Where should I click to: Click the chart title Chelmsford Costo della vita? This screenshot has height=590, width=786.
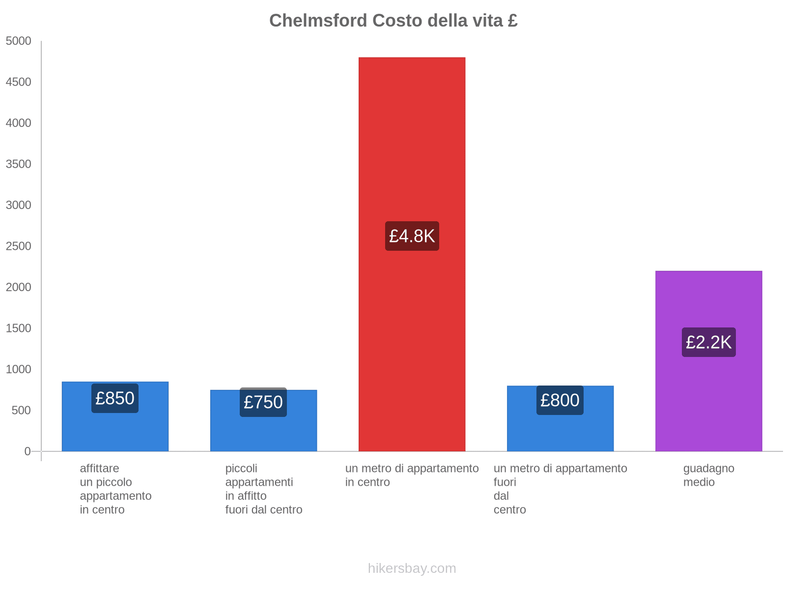pyautogui.click(x=393, y=21)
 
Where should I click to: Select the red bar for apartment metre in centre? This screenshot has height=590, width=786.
pyautogui.click(x=412, y=147)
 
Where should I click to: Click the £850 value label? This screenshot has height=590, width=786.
pyautogui.click(x=115, y=398)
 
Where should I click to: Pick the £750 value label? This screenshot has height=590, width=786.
pyautogui.click(x=263, y=402)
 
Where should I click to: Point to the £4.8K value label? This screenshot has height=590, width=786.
pyautogui.click(x=412, y=236)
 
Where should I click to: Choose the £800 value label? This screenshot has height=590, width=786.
pyautogui.click(x=560, y=400)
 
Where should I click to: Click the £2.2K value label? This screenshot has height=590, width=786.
pyautogui.click(x=708, y=342)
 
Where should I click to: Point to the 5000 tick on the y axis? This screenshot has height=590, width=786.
pyautogui.click(x=19, y=41)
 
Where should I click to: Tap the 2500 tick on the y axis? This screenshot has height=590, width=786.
pyautogui.click(x=19, y=246)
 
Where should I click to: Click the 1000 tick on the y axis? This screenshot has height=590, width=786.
pyautogui.click(x=19, y=369)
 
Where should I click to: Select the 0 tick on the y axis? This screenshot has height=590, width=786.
pyautogui.click(x=28, y=451)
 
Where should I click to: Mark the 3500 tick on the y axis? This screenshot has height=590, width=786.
pyautogui.click(x=19, y=164)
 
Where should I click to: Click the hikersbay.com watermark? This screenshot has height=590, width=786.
pyautogui.click(x=412, y=568)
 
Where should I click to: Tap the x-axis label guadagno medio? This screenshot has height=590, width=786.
pyautogui.click(x=708, y=475)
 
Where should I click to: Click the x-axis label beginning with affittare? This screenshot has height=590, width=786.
pyautogui.click(x=115, y=489)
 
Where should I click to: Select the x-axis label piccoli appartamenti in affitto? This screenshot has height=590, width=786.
pyautogui.click(x=264, y=489)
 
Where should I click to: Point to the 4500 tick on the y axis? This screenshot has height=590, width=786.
pyautogui.click(x=19, y=82)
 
